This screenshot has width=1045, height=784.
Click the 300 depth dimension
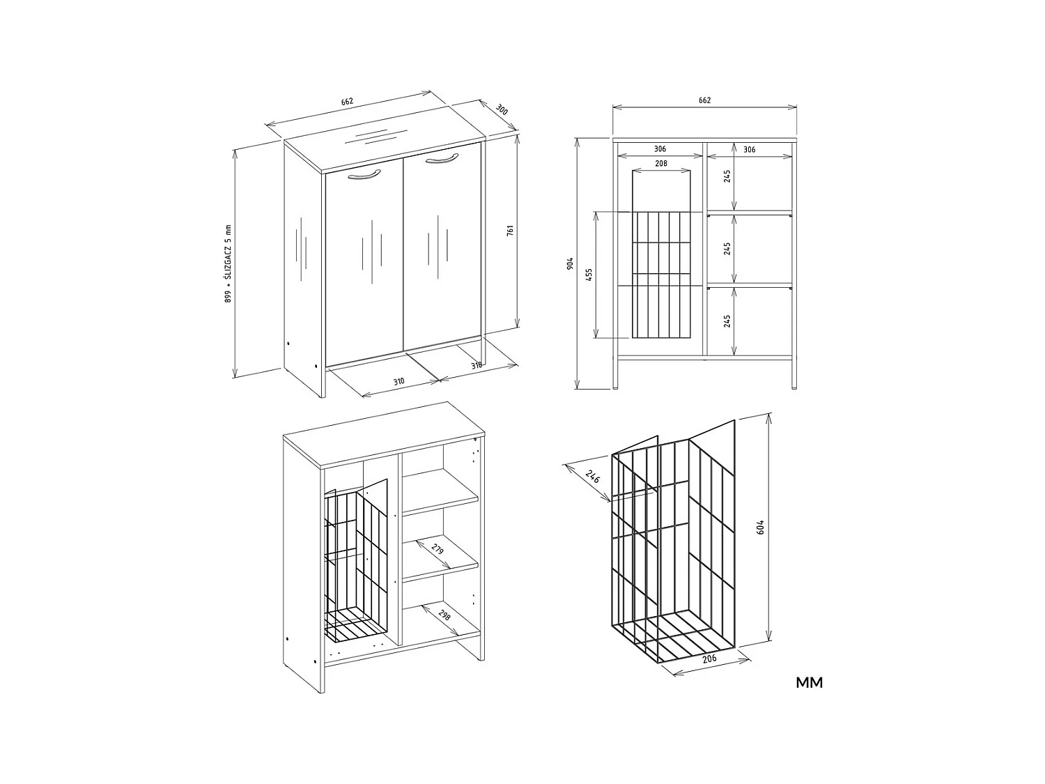[x=502, y=110]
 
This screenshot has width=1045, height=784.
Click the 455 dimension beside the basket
[x=589, y=274]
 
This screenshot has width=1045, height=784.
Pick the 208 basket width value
[x=661, y=164]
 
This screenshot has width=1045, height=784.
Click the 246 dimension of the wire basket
[x=592, y=477]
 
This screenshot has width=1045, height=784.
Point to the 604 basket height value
[x=761, y=527]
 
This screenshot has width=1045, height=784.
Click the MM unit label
[x=809, y=683]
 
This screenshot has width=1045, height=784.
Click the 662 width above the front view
[x=704, y=100]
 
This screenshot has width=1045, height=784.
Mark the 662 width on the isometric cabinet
[x=347, y=102]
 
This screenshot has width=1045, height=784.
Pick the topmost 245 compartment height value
[x=727, y=176]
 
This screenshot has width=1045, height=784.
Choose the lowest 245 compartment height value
[x=727, y=321]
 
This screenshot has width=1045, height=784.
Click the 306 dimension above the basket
[x=660, y=149]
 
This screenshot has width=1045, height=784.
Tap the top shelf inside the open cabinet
[x=440, y=491]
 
